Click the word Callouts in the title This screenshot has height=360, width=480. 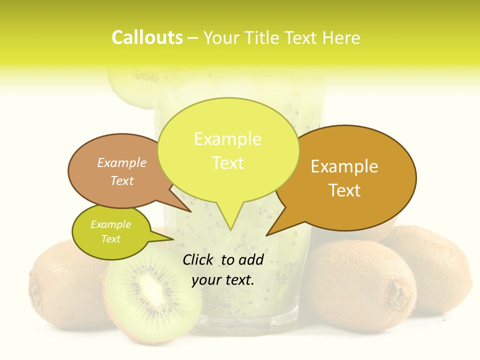(x=147, y=37)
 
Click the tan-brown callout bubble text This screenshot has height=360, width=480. (x=122, y=171)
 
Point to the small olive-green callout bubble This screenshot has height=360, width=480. (x=111, y=231)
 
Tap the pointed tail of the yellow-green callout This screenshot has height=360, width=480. (x=229, y=225)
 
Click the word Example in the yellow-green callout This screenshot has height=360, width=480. (x=227, y=139)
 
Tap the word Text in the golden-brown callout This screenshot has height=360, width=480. (x=344, y=190)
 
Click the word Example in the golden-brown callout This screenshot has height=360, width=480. (x=344, y=166)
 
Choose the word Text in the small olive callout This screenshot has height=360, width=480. (x=110, y=239)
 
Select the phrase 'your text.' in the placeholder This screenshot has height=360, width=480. (x=223, y=280)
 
